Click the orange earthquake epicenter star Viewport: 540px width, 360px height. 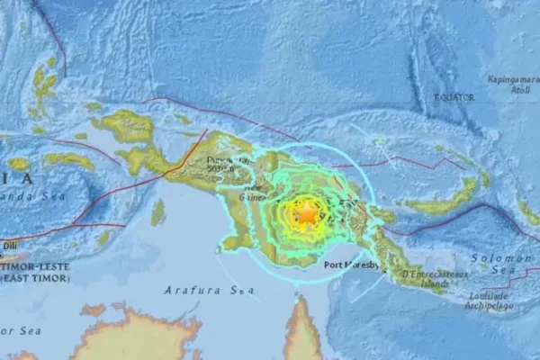[307, 214]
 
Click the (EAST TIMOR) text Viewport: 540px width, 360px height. [31, 266]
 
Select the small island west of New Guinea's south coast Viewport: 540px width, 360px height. [158, 212]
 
